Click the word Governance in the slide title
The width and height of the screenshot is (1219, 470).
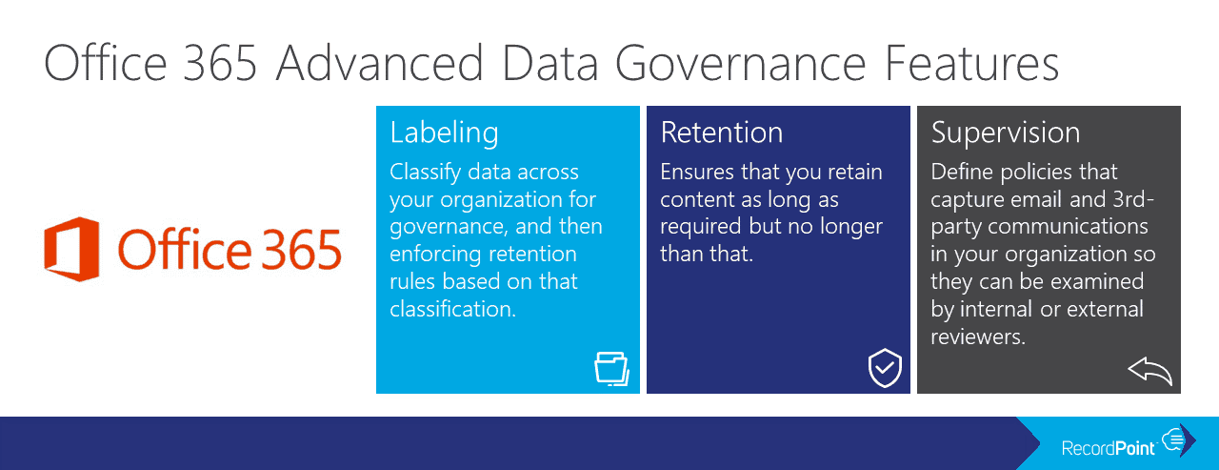click(x=740, y=64)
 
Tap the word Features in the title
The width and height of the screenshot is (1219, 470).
click(x=972, y=63)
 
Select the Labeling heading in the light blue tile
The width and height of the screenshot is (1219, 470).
click(x=444, y=133)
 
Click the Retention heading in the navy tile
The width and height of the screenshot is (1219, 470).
click(x=722, y=133)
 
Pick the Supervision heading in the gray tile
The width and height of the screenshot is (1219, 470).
click(x=1006, y=133)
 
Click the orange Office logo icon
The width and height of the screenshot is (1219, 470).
click(x=71, y=249)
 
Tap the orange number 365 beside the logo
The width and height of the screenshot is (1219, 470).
click(x=301, y=250)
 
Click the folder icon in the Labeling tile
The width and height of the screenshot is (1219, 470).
click(x=612, y=369)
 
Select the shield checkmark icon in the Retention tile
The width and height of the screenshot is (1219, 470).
click(x=885, y=368)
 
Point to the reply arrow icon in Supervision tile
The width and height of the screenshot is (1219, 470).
click(x=1149, y=371)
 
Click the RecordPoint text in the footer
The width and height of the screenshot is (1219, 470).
click(x=1108, y=448)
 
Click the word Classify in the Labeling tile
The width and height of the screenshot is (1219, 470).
click(x=426, y=173)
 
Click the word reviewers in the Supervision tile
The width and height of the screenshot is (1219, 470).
click(x=978, y=337)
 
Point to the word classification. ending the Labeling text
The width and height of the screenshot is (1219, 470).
click(x=452, y=309)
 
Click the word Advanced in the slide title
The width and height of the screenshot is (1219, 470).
click(x=380, y=63)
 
